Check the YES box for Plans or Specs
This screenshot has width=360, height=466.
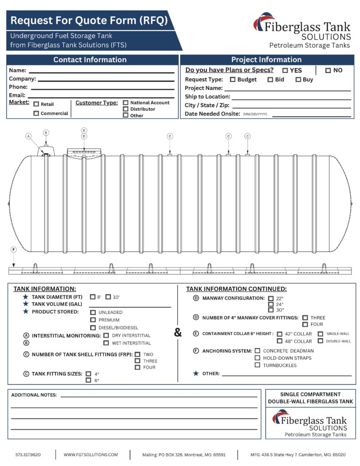[285, 71]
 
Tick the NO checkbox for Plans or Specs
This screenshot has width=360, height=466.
[328, 71]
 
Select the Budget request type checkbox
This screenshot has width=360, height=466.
[233, 80]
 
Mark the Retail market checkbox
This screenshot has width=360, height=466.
[36, 104]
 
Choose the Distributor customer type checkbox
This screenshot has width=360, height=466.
[126, 109]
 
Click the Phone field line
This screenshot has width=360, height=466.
[102, 88]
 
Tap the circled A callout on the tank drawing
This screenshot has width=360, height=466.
[28, 136]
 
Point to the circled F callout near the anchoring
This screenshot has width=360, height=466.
[14, 250]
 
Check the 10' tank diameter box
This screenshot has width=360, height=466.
[108, 297]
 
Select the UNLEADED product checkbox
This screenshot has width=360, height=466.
[93, 313]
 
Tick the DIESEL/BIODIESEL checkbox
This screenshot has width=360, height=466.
[93, 328]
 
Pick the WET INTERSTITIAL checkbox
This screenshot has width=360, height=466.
[106, 343]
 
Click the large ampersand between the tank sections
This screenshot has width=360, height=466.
[177, 333]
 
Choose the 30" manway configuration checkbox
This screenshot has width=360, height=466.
[271, 310]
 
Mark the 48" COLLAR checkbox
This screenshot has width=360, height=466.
[279, 341]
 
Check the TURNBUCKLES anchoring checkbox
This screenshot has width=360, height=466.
[258, 365]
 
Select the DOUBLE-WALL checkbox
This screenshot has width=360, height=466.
[320, 341]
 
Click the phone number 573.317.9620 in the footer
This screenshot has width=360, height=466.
[28, 455]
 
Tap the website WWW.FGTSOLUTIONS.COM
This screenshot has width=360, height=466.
[91, 455]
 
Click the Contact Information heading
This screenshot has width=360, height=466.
[90, 60]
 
